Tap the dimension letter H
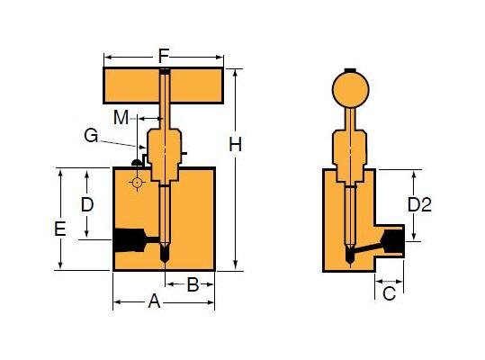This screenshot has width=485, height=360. (235, 144)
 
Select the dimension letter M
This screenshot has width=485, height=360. (121, 116)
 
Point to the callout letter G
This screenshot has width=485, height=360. (91, 136)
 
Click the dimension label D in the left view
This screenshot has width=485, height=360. (86, 204)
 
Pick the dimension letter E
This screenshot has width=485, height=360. (59, 229)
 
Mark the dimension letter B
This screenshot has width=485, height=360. (193, 285)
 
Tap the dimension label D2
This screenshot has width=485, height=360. (419, 205)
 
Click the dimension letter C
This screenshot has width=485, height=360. (389, 293)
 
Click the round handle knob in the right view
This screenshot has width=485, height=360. (350, 89)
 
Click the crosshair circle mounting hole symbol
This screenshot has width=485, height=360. (137, 183)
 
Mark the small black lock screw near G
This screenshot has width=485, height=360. (136, 163)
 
